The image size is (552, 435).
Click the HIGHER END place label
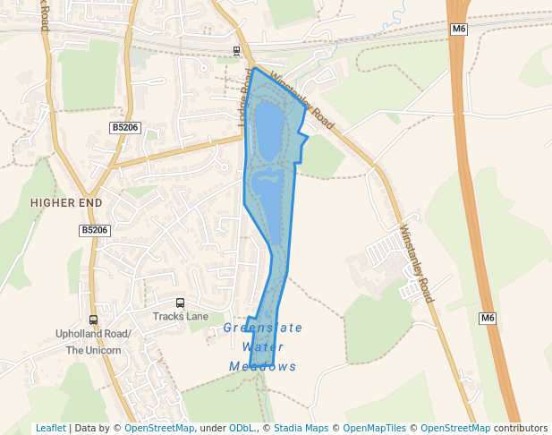coord(66,203)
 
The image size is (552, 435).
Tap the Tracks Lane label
coord(180,317)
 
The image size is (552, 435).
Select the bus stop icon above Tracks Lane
coord(180,303)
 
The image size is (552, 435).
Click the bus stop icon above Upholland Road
coord(93,320)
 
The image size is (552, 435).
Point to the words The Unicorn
coord(93,350)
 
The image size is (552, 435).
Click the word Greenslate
coord(263,328)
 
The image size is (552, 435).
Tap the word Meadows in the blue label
coord(262,367)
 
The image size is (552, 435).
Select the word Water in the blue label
coord(263,347)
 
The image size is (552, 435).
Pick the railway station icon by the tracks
coord(236,51)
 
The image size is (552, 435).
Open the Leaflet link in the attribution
coord(50,428)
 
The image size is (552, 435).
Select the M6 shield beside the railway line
coord(459,30)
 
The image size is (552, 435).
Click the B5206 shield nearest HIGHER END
coord(94,230)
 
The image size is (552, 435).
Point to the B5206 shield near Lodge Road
coord(125,128)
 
